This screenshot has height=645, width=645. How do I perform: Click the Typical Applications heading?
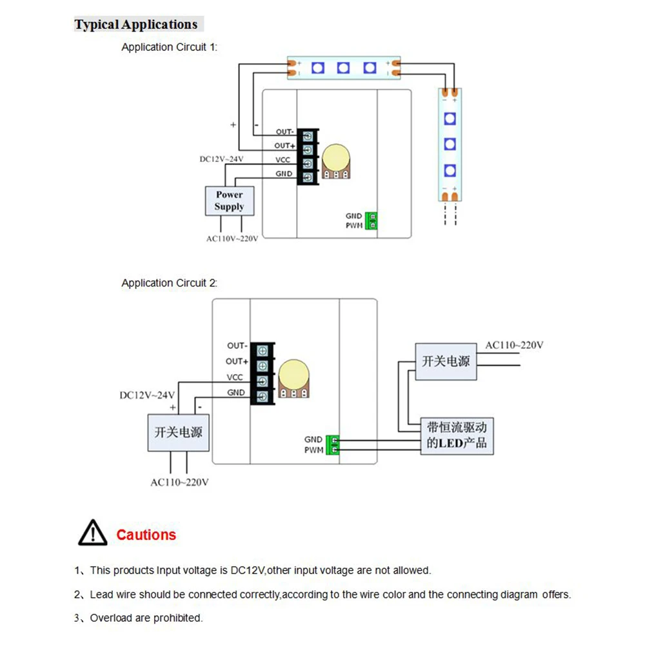[136, 25]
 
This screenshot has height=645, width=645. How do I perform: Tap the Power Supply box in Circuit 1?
[230, 201]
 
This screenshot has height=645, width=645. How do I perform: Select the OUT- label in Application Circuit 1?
[284, 132]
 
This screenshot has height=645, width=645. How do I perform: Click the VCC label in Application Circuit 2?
[235, 377]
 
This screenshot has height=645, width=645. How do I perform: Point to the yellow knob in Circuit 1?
[336, 158]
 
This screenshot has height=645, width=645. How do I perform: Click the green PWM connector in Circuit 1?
[372, 221]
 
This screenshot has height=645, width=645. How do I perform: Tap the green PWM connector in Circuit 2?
[333, 444]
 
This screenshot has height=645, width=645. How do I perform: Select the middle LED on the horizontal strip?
[344, 68]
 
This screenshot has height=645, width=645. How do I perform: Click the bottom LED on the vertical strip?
[450, 170]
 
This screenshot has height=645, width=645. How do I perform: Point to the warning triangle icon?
[93, 533]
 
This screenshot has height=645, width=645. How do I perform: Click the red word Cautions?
[146, 535]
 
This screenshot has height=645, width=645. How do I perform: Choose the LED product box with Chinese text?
[457, 436]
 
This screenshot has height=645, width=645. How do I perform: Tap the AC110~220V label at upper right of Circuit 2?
[514, 345]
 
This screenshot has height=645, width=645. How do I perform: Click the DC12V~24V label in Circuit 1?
[221, 159]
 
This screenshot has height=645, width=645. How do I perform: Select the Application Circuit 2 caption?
[169, 283]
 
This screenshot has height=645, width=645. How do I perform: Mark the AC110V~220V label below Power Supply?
[232, 239]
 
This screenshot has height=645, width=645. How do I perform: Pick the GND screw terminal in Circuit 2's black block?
[263, 397]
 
